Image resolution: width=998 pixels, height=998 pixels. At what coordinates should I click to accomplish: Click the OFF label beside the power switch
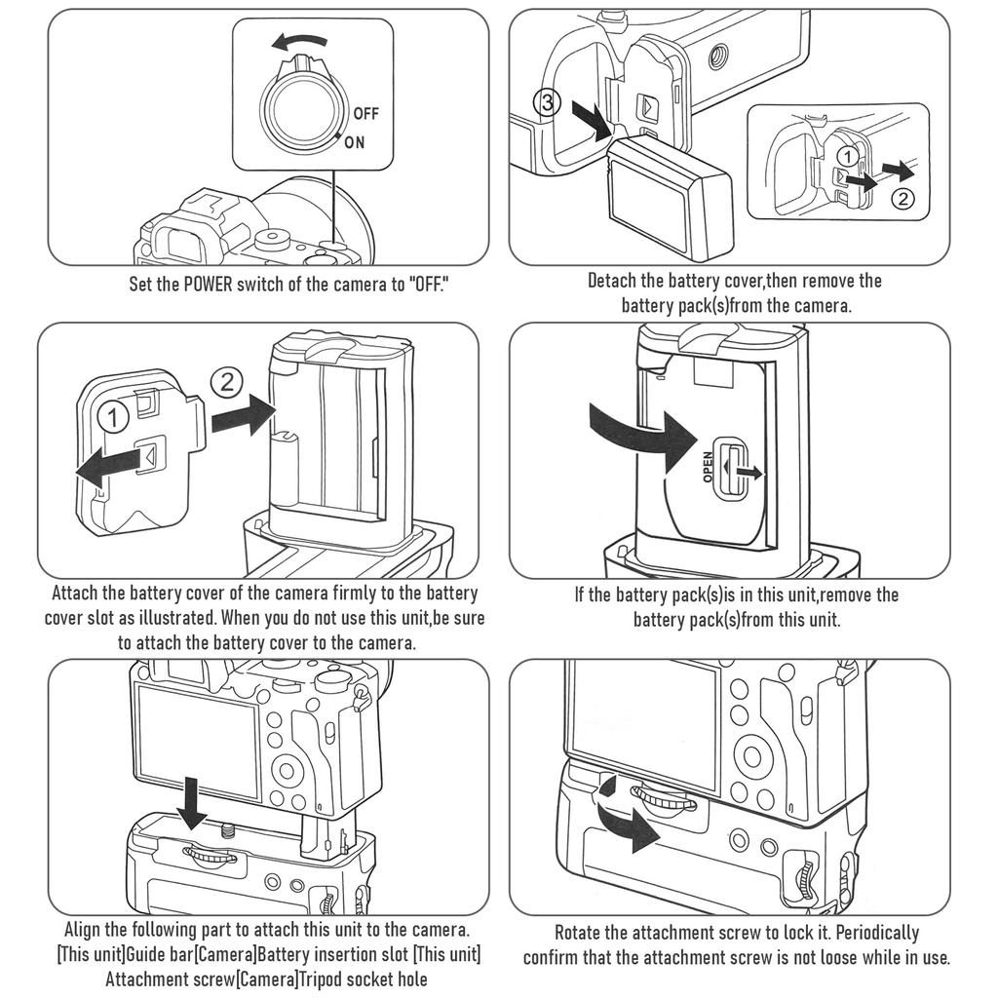[x=365, y=113]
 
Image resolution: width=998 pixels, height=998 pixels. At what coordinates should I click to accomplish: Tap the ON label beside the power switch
[x=355, y=142]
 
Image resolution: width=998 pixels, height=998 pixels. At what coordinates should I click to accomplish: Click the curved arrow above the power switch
[x=299, y=42]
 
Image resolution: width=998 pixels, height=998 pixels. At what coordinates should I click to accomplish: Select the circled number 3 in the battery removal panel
[x=550, y=102]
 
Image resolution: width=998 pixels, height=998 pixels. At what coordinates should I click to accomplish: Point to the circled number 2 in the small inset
[x=902, y=199]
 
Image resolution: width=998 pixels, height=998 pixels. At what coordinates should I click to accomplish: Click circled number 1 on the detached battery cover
[x=115, y=419]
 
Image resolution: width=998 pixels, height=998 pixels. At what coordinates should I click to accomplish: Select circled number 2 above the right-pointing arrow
[x=227, y=382]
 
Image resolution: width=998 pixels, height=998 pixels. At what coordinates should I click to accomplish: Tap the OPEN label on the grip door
[x=709, y=467]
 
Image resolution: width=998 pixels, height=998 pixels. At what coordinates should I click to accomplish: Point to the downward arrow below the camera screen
[x=193, y=793]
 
